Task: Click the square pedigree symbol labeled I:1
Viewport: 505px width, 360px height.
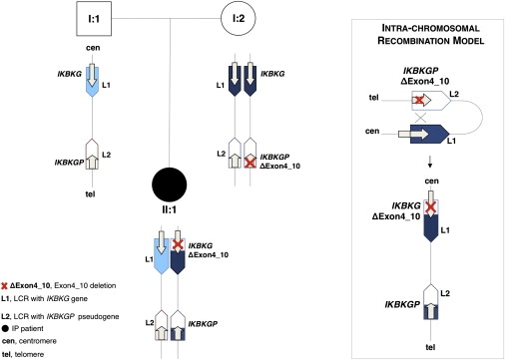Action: [x=94, y=19]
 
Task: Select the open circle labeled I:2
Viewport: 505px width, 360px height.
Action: [x=239, y=18]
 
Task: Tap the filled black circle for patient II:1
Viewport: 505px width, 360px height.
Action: [x=169, y=184]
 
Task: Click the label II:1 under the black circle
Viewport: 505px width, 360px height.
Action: [x=169, y=209]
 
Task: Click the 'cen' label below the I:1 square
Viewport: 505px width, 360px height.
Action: [x=93, y=48]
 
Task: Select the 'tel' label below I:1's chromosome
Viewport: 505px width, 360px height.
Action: [x=90, y=193]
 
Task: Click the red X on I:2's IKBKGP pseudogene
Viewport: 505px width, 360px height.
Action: [x=251, y=163]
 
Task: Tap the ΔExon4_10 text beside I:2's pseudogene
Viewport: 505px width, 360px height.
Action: [x=279, y=166]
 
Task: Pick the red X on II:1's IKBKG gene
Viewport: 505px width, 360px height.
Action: [x=178, y=244]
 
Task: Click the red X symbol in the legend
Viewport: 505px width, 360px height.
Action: [x=4, y=286]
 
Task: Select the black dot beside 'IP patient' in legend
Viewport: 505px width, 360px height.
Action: [x=5, y=329]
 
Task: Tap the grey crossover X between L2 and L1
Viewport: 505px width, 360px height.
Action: [x=421, y=118]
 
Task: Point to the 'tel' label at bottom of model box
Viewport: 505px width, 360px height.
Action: [x=430, y=347]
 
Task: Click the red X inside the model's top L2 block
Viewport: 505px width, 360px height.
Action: [x=419, y=100]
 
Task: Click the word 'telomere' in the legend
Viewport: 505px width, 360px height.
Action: [x=29, y=355]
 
